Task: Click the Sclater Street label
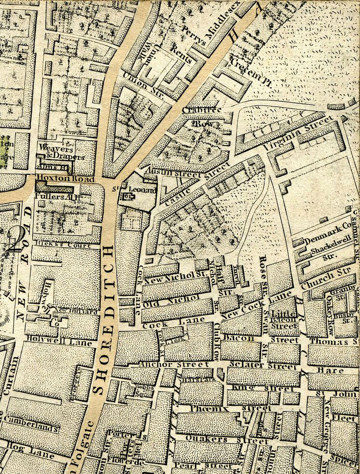click(264, 366)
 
